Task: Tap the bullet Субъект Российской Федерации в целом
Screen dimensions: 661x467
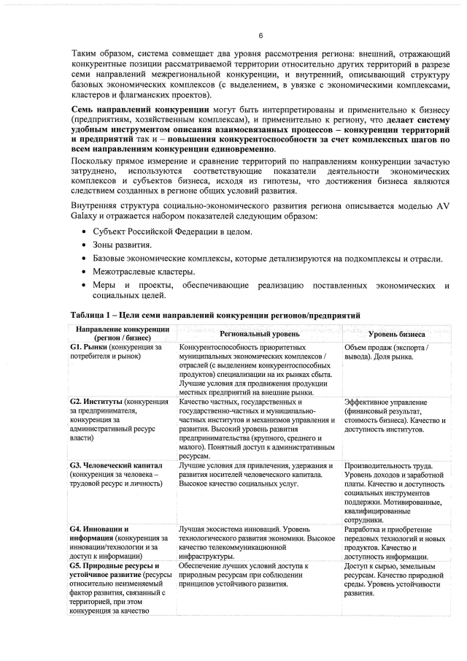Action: tap(173, 232)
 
